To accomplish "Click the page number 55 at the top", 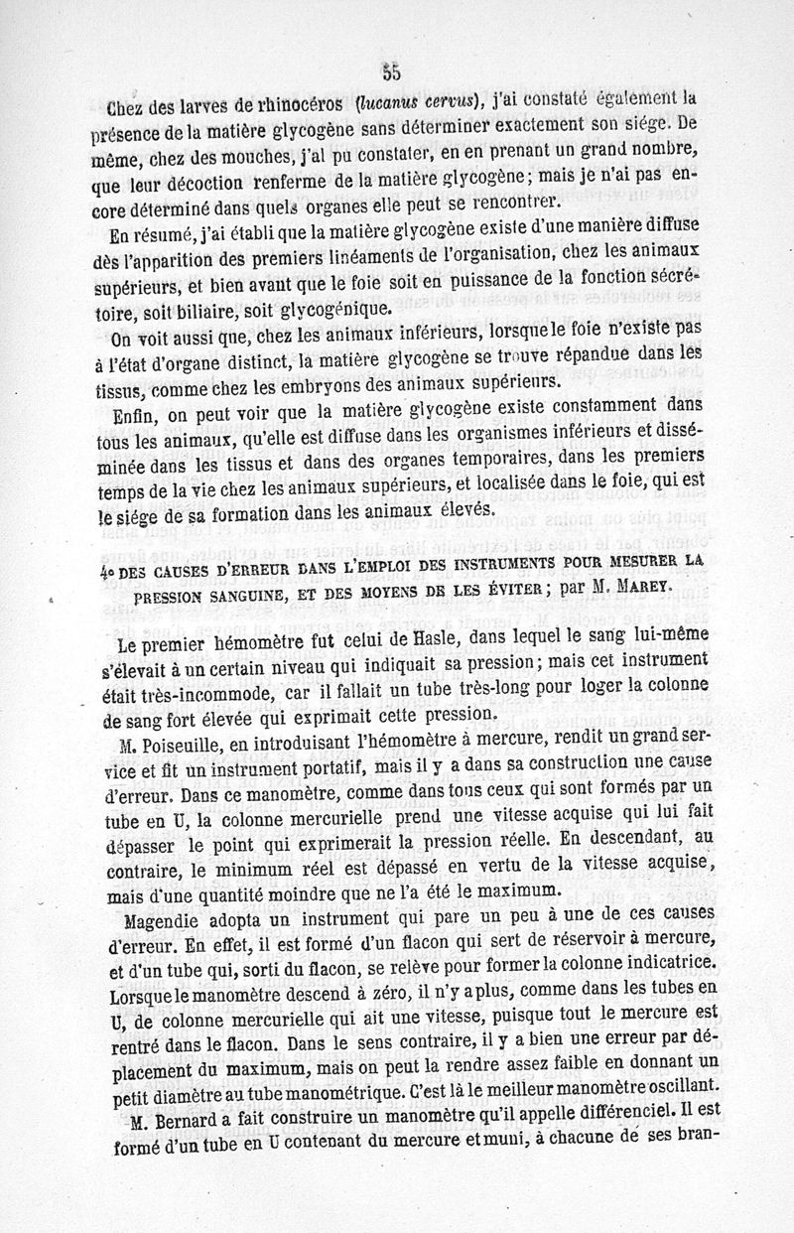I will tap(389, 70).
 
